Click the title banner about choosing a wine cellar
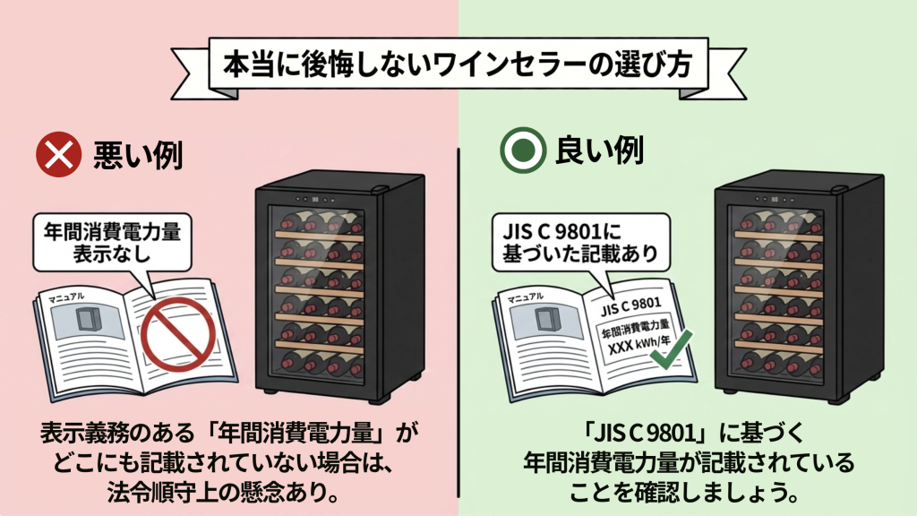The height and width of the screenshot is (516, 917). (458, 68)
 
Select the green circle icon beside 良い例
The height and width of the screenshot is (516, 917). (518, 154)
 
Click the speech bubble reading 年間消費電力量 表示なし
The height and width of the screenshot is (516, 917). (112, 242)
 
